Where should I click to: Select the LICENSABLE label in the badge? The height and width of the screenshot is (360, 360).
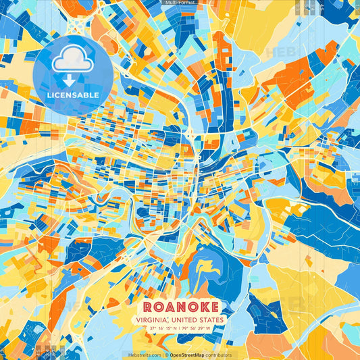72,95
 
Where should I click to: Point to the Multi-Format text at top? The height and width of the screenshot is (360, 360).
180,3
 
